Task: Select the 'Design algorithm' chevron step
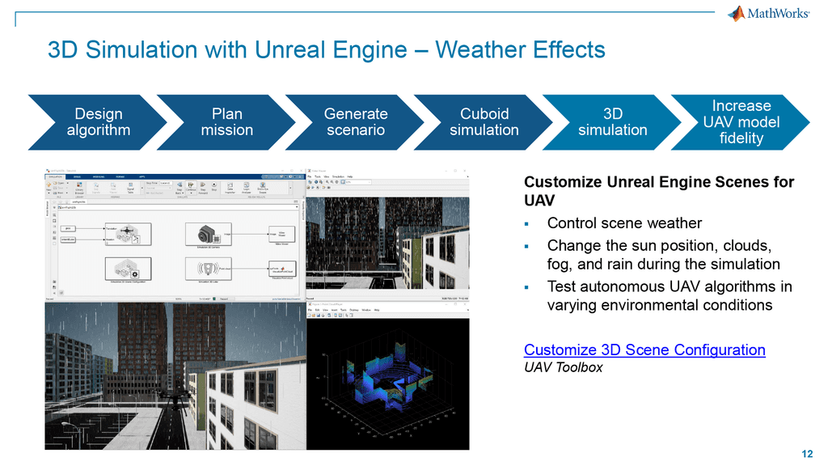pos(98,122)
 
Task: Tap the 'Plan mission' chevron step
pos(226,122)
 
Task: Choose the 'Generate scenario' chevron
pos(355,122)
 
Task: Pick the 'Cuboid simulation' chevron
pos(484,122)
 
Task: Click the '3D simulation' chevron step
pos(612,122)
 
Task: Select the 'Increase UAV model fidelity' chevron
pos(741,122)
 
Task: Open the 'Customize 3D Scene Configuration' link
pos(644,349)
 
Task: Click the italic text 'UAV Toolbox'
pos(563,367)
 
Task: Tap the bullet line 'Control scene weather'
pos(624,223)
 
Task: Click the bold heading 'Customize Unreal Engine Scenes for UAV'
pos(659,191)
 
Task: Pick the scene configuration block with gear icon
pos(128,269)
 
